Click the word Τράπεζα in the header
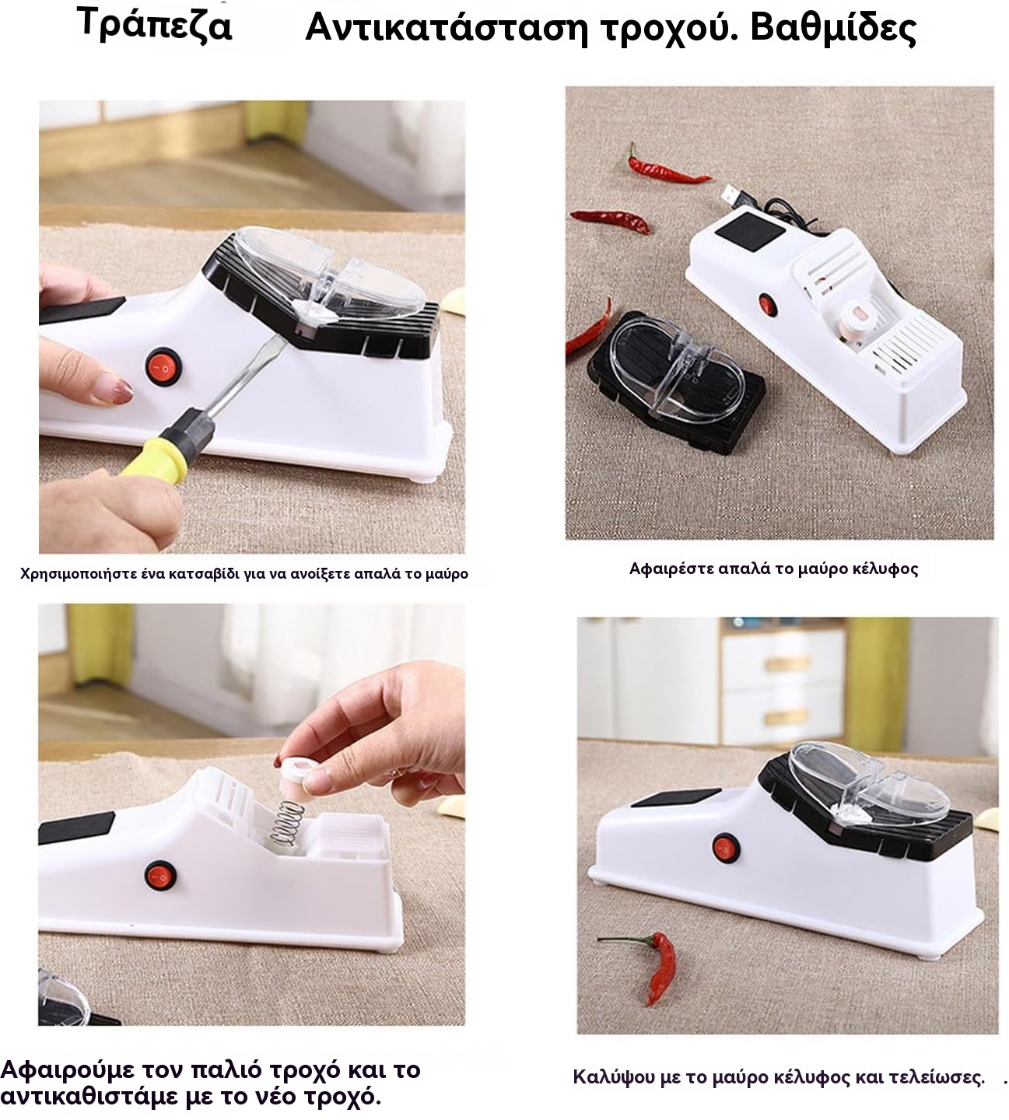pyautogui.click(x=154, y=26)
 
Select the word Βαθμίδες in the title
pyautogui.click(x=833, y=29)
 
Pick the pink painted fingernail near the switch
pyautogui.click(x=119, y=390)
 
